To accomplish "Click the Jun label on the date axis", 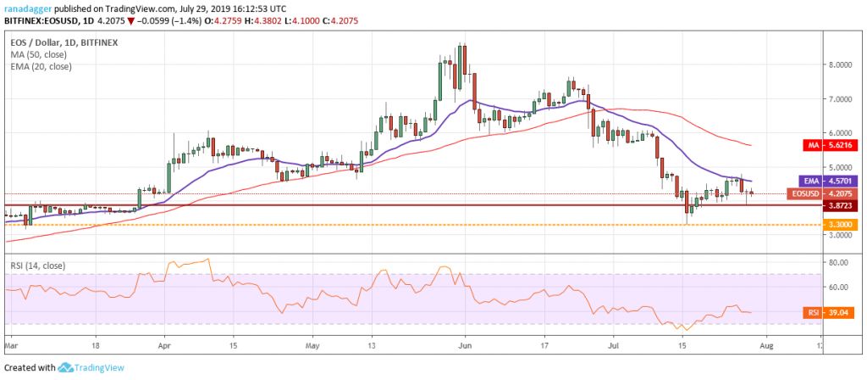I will (x=463, y=346).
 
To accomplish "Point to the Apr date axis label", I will (x=164, y=346).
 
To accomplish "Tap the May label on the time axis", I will (x=312, y=346).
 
